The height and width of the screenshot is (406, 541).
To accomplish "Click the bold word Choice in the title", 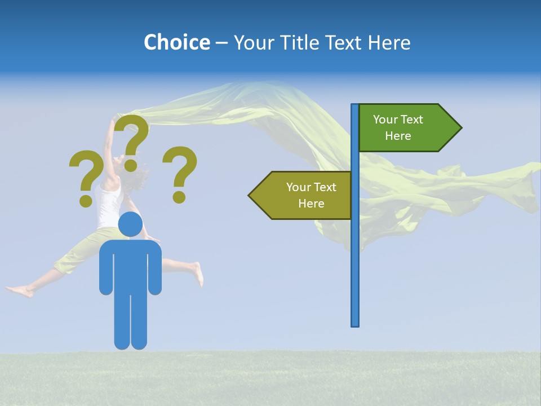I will pyautogui.click(x=176, y=42).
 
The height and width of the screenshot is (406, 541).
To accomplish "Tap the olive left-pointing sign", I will pyautogui.click(x=304, y=195).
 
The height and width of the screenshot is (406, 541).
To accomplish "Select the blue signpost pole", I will pyautogui.click(x=355, y=254).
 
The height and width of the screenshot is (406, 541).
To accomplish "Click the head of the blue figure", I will pyautogui.click(x=130, y=224).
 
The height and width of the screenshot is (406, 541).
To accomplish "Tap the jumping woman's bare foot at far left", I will pyautogui.click(x=17, y=291).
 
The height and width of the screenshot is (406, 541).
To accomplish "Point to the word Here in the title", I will pyautogui.click(x=389, y=42).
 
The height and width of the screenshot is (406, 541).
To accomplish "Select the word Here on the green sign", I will pyautogui.click(x=398, y=136).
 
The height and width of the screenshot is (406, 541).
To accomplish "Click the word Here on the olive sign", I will pyautogui.click(x=311, y=204).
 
